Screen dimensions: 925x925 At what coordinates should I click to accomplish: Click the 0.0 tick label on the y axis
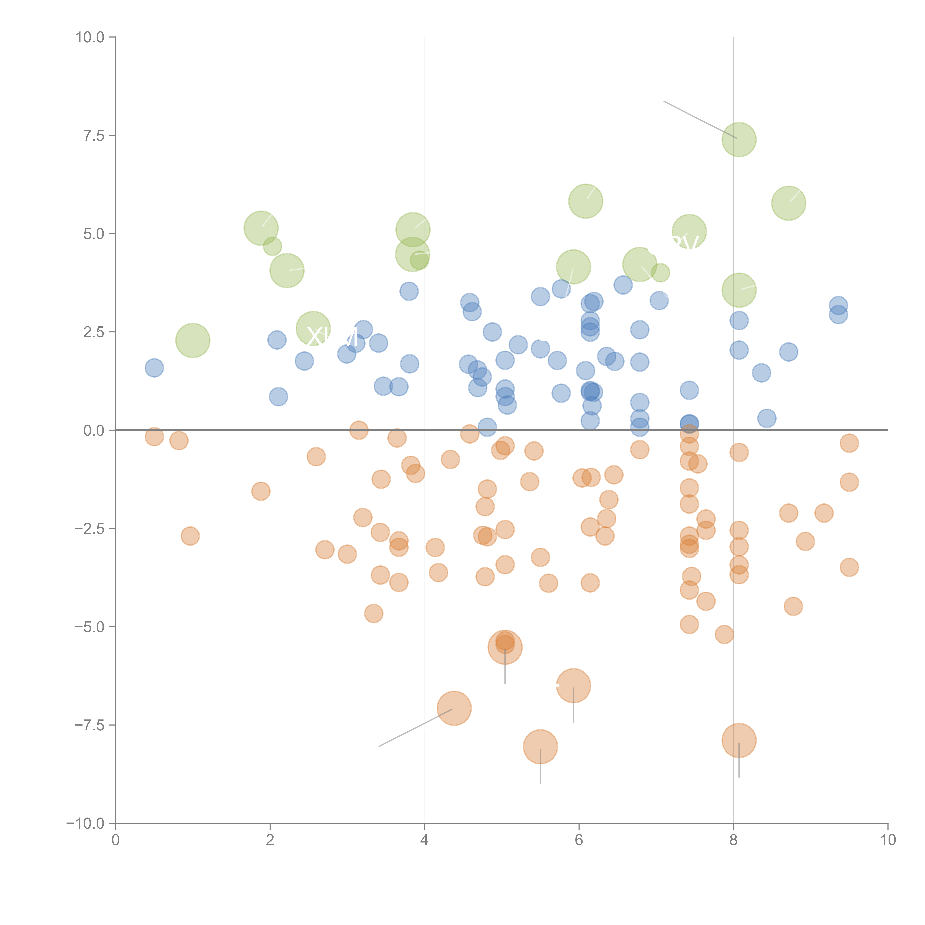[x=94, y=430]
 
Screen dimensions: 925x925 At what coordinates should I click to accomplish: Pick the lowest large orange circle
[x=540, y=746]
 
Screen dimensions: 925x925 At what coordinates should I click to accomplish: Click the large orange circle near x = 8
[x=739, y=740]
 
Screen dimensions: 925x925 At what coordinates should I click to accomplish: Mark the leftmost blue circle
[x=154, y=368]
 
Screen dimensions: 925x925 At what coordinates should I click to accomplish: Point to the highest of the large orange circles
[x=505, y=647]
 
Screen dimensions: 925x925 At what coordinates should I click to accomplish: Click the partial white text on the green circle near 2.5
[x=331, y=338]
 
